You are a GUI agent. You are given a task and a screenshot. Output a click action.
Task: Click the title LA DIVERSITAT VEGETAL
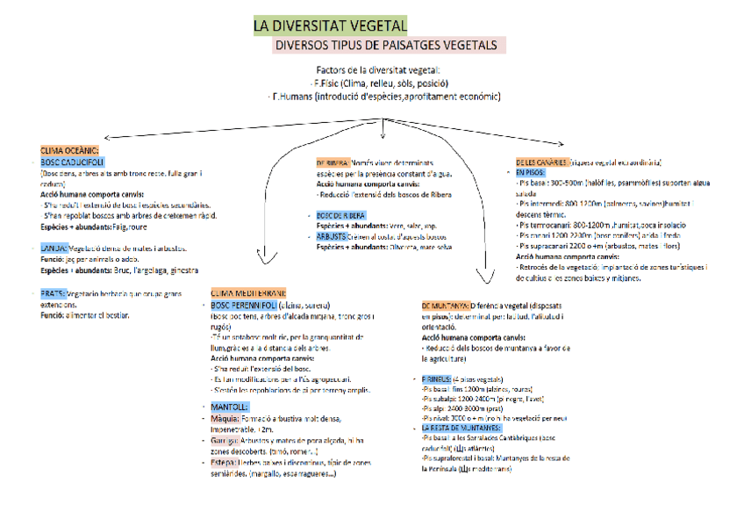(x=330, y=25)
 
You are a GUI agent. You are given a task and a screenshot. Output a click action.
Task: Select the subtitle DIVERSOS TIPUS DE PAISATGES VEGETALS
(x=385, y=46)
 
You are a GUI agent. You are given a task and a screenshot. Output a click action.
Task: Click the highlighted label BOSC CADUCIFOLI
(x=73, y=162)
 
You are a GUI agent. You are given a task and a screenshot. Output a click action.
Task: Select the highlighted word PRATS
(x=53, y=293)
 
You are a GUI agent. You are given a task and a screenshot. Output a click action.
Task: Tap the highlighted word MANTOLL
(x=231, y=407)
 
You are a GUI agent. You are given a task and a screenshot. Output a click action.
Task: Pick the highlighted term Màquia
(x=225, y=419)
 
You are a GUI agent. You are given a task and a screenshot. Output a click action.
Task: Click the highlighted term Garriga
(x=225, y=439)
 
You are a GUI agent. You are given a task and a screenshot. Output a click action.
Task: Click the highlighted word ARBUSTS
(x=331, y=236)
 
